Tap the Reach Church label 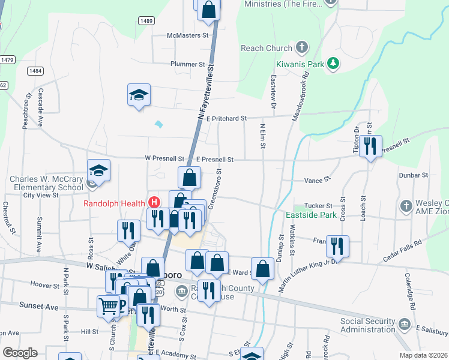click(x=267, y=48)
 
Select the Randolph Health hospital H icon click(x=154, y=202)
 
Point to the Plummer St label click(x=188, y=64)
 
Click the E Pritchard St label click(x=226, y=119)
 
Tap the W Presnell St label click(x=164, y=159)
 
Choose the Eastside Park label click(x=311, y=214)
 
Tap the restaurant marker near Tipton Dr click(x=370, y=146)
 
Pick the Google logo click(x=20, y=352)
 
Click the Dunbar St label click(x=413, y=175)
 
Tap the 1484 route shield click(x=35, y=71)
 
